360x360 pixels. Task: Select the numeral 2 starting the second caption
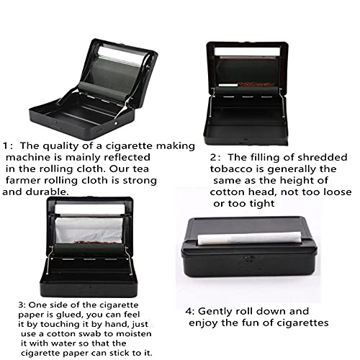[214, 157]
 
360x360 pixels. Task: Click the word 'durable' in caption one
[48, 193]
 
